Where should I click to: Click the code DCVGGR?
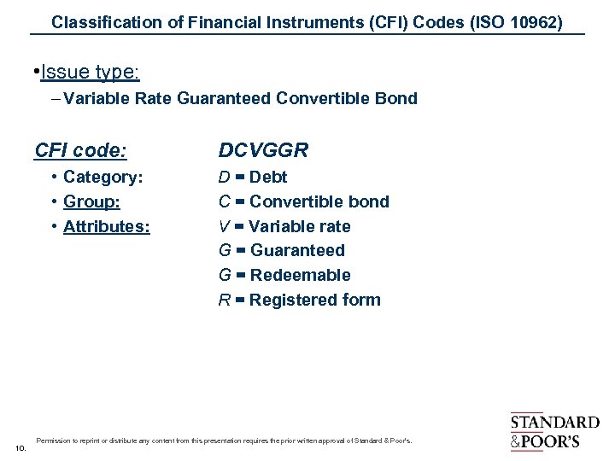tap(263, 151)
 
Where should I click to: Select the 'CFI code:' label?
tap(80, 151)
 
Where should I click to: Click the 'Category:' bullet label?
tap(102, 178)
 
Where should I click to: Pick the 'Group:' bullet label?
tap(91, 202)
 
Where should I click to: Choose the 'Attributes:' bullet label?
tap(107, 226)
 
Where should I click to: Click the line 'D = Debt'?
tap(253, 178)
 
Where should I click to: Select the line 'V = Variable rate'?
tap(284, 226)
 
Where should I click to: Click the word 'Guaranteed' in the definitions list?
tap(297, 251)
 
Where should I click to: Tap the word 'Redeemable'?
tap(300, 275)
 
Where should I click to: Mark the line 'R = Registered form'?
tap(299, 300)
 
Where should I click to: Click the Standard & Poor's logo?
tap(554, 431)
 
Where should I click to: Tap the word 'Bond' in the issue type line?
tap(398, 98)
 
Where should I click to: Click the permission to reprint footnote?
tap(224, 441)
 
